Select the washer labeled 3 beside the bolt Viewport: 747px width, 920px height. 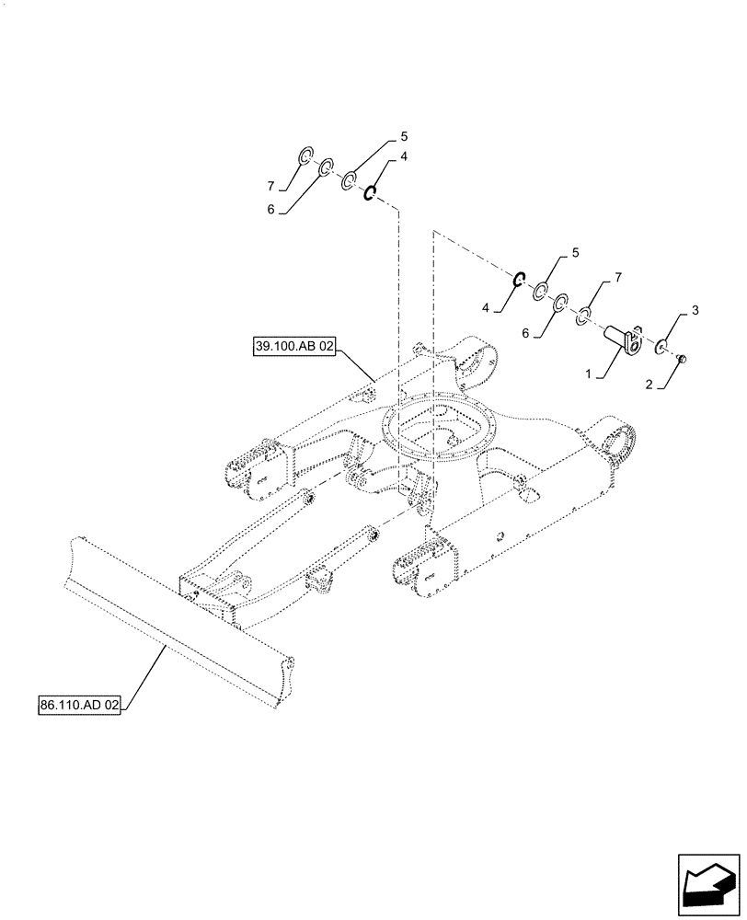pos(661,348)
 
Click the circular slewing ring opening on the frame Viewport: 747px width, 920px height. pos(441,432)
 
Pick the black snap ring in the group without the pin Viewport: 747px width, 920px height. pos(369,193)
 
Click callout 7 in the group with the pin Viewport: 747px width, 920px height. pos(618,275)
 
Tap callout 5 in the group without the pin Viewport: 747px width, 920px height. pos(402,136)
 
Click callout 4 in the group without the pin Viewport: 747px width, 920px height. pos(402,157)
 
